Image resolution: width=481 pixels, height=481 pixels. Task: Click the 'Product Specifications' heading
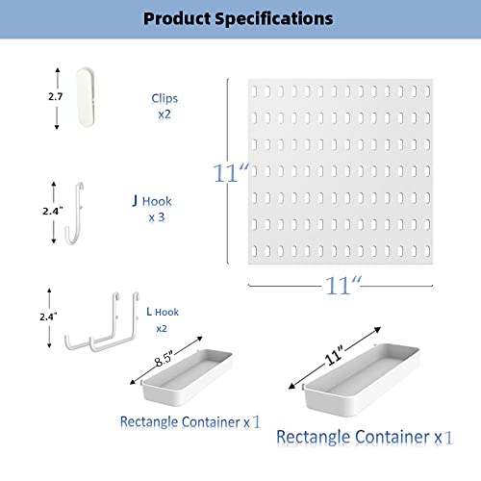point(238,18)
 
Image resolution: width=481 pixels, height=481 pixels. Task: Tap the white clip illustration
point(86,97)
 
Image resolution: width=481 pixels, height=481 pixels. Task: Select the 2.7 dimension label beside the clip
point(55,96)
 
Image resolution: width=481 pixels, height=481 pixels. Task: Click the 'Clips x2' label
point(165,106)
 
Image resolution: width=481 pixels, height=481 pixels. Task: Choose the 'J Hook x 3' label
point(152,209)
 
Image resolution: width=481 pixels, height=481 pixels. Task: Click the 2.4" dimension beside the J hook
point(53,211)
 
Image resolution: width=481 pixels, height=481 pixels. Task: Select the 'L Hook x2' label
point(163,319)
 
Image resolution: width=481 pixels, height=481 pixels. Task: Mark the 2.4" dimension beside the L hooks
point(48,316)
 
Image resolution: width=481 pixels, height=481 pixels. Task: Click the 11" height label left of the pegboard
point(231,173)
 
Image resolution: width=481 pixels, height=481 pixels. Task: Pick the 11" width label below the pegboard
point(343,286)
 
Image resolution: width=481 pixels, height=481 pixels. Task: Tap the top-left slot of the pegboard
point(255,91)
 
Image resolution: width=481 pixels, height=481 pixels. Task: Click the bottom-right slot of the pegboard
point(427,251)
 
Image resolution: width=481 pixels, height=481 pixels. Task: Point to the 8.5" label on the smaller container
point(164,359)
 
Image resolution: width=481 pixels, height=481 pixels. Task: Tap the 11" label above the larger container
point(334,355)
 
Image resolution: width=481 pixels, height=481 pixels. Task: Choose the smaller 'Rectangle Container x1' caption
point(190,422)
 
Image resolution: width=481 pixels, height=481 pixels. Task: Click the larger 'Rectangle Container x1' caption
point(365,437)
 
